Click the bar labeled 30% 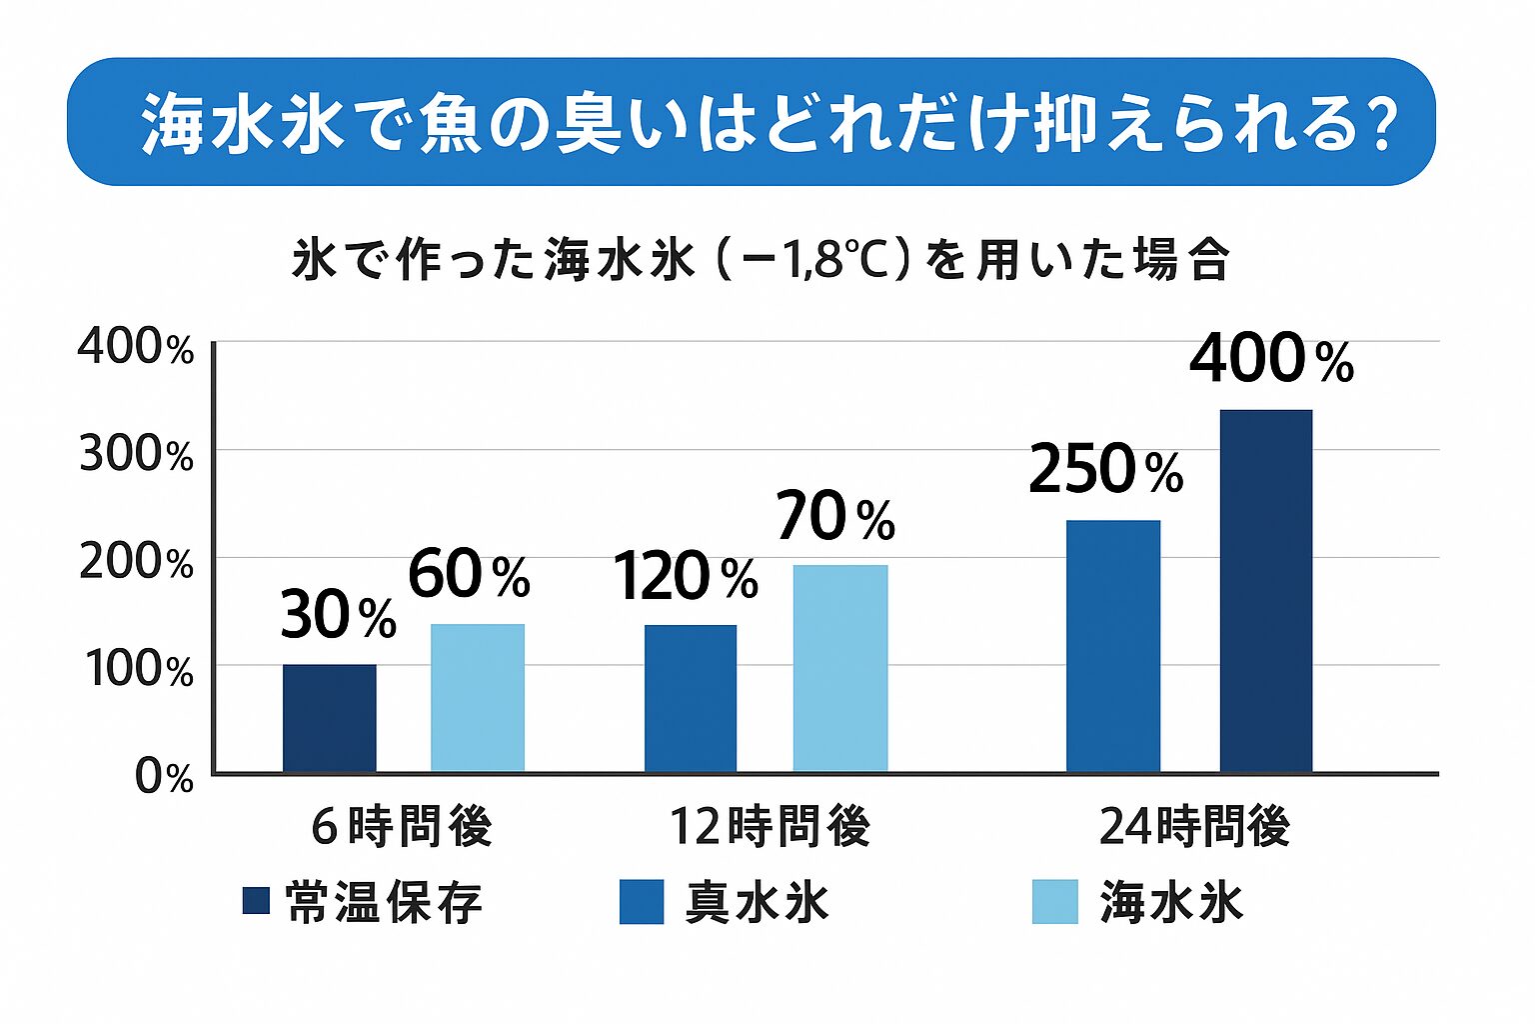(330, 718)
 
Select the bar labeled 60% (478, 698)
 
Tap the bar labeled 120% (691, 698)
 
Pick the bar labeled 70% (840, 668)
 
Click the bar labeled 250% (1113, 646)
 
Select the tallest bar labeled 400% (1266, 590)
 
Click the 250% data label (1105, 470)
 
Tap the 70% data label (835, 518)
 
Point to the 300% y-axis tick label (136, 455)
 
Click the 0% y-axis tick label (164, 777)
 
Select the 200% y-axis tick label (136, 563)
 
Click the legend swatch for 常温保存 (256, 901)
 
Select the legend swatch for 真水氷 (642, 902)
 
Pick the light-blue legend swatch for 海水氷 (1055, 902)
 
